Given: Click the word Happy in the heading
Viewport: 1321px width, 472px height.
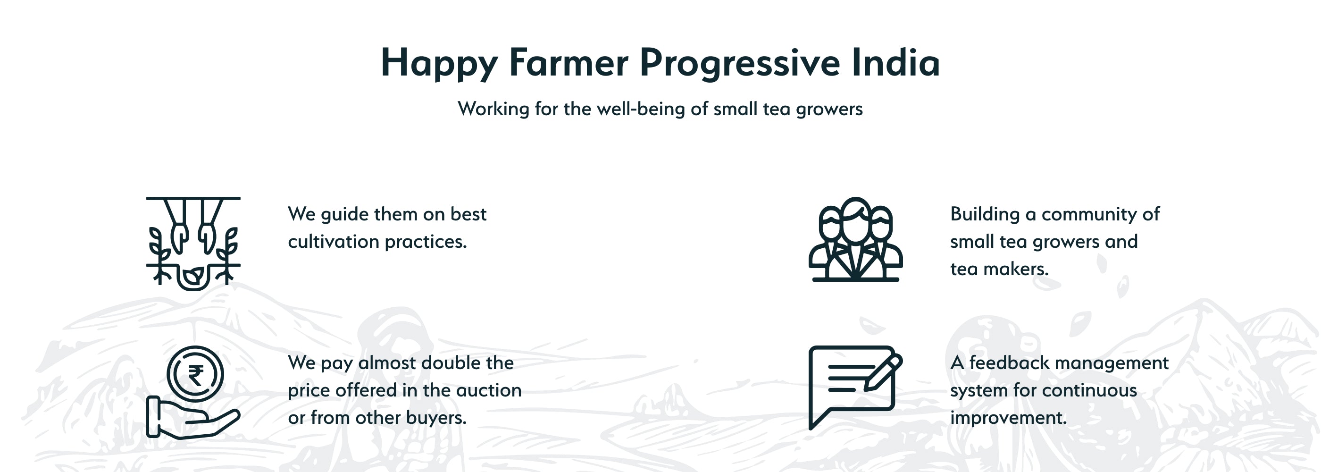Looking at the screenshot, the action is point(439,64).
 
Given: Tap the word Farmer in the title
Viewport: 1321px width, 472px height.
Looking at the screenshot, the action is point(569,63).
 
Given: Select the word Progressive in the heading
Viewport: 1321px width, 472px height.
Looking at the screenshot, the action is point(740,64).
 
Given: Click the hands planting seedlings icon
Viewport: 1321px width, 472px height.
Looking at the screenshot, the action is point(193,243).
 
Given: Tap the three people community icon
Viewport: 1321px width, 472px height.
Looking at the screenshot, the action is point(855,239).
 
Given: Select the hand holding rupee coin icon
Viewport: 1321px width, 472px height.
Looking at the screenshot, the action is point(193,392).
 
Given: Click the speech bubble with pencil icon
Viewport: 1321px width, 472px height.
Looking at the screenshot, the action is point(855,388).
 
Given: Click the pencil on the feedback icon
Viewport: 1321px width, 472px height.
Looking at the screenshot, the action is point(883,373).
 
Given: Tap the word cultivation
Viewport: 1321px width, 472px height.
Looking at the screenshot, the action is point(334,242).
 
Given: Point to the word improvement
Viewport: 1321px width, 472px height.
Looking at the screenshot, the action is point(1008,418).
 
